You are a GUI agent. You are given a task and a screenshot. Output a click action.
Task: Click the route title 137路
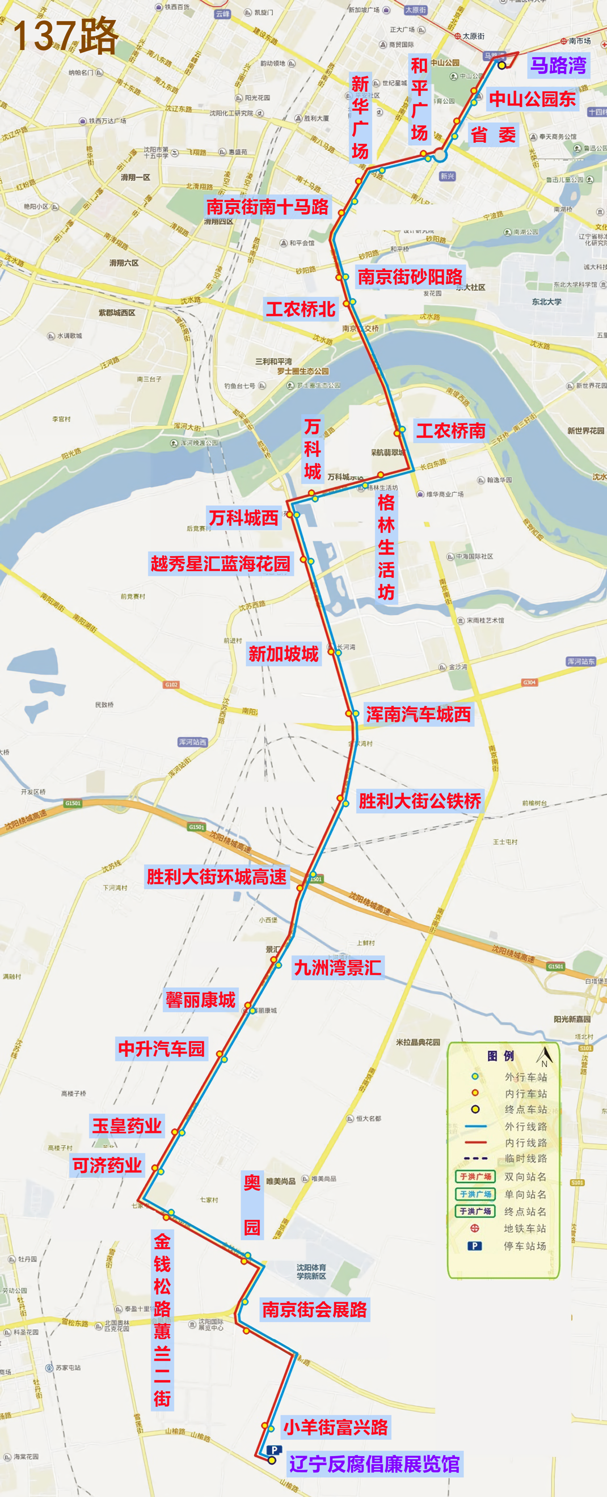pyautogui.click(x=65, y=36)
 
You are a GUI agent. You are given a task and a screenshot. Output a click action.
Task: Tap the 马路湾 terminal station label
pyautogui.click(x=558, y=65)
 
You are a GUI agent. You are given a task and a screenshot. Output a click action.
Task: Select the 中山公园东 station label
pyautogui.click(x=532, y=99)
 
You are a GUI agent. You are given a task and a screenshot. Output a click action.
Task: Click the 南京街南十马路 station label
pyautogui.click(x=267, y=206)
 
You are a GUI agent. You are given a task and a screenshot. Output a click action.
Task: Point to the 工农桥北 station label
pyautogui.click(x=301, y=308)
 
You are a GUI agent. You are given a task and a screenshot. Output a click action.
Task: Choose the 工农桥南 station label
pyautogui.click(x=450, y=430)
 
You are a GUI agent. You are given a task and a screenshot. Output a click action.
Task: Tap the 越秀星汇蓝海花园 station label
pyautogui.click(x=220, y=563)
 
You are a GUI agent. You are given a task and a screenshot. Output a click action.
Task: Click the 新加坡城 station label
pyautogui.click(x=283, y=654)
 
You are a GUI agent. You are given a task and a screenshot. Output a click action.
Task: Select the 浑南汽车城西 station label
pyautogui.click(x=418, y=714)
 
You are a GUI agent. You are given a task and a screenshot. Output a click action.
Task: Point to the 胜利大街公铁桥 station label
pyautogui.click(x=420, y=801)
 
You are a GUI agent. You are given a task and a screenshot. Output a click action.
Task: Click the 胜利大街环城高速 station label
pyautogui.click(x=216, y=876)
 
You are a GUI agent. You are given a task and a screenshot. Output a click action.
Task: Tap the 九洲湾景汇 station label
pyautogui.click(x=338, y=967)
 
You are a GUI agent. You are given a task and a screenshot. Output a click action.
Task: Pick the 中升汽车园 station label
pyautogui.click(x=162, y=1048)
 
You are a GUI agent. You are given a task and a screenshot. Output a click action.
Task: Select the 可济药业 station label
pyautogui.click(x=107, y=1165)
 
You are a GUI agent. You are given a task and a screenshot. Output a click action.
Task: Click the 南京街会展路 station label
pyautogui.click(x=314, y=1309)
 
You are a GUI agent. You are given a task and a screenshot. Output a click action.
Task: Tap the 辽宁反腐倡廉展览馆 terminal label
pyautogui.click(x=375, y=1464)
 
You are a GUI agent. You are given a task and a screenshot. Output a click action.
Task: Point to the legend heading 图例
pyautogui.click(x=500, y=1056)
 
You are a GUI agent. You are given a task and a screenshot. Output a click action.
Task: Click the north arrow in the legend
pyautogui.click(x=544, y=1055)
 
